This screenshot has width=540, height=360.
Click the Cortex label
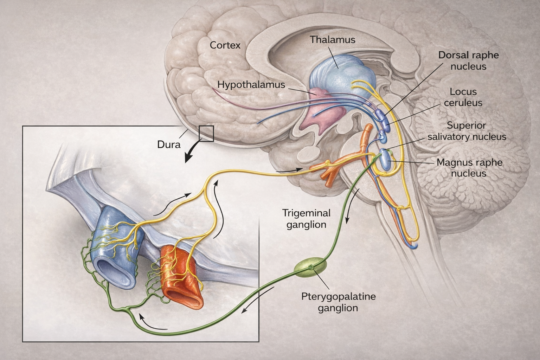(x=225, y=45)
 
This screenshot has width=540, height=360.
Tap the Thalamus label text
(x=332, y=39)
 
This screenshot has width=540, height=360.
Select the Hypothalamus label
(x=251, y=84)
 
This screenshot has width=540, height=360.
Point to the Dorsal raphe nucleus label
(x=468, y=60)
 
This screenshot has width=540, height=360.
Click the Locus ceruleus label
(x=463, y=97)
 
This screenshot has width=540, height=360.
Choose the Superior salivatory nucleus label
(x=467, y=131)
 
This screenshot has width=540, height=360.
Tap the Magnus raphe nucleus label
(x=469, y=168)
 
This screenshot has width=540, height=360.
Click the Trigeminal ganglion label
(x=306, y=218)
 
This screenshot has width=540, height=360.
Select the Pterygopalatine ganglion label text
(x=338, y=302)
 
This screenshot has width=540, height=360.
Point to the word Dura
(x=169, y=144)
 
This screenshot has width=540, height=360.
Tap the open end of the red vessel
(x=183, y=297)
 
